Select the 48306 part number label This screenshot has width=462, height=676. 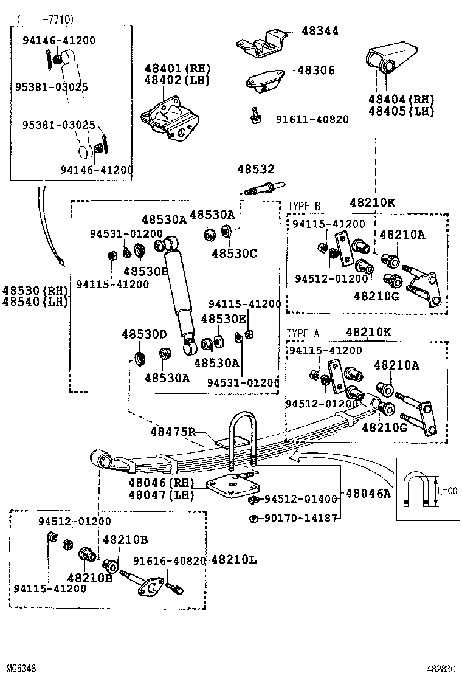click(316, 71)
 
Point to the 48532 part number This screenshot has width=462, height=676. click(255, 170)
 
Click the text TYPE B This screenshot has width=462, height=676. click(303, 206)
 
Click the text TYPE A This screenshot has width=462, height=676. click(303, 333)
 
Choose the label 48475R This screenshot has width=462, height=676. click(173, 432)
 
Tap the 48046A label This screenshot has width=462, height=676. click(369, 494)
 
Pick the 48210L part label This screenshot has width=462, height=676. click(233, 560)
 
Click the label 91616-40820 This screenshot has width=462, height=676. click(170, 561)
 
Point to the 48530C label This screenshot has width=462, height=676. click(235, 253)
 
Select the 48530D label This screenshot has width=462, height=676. click(144, 334)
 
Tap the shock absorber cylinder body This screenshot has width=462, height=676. click(179, 286)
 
